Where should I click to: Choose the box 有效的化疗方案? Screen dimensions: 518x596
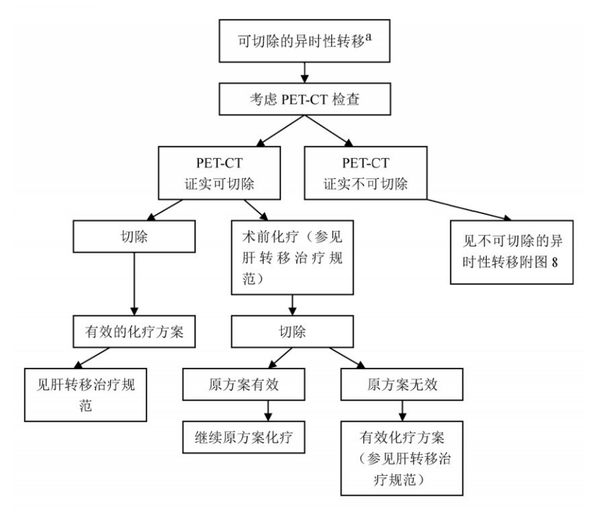(133, 332)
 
